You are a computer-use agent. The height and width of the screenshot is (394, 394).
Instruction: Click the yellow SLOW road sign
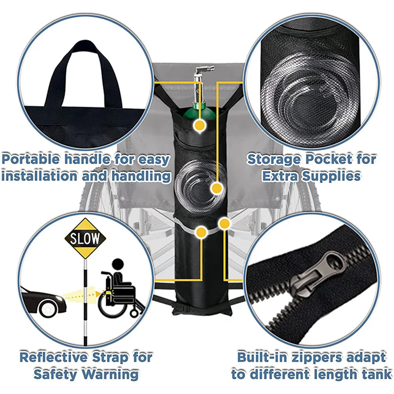[x=85, y=238]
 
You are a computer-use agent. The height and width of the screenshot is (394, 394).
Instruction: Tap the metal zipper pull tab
[x=317, y=275]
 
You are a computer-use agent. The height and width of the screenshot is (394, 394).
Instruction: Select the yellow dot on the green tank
[x=200, y=125]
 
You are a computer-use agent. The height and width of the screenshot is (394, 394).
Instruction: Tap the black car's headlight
[x=59, y=298]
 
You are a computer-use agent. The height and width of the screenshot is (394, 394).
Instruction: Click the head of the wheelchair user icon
[x=117, y=265]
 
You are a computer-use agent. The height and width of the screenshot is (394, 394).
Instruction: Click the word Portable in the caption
[x=31, y=160]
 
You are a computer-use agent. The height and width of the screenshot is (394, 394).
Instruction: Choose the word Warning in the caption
[x=110, y=374]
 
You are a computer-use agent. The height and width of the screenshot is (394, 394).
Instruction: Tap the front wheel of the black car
[x=47, y=308]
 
